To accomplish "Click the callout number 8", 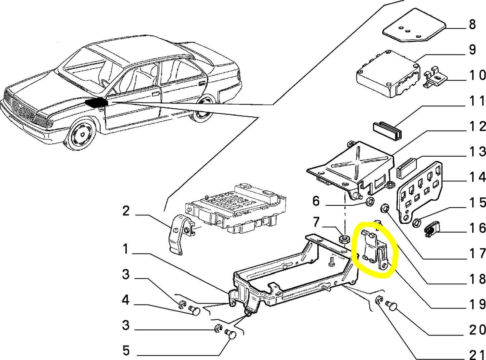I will (472, 25).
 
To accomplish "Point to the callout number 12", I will (478, 127).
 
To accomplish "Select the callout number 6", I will (315, 201).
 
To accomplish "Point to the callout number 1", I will (125, 249).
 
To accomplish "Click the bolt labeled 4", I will (194, 310).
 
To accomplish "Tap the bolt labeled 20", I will (392, 306).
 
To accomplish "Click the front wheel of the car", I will (82, 134).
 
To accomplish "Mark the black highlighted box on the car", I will (96, 102).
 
